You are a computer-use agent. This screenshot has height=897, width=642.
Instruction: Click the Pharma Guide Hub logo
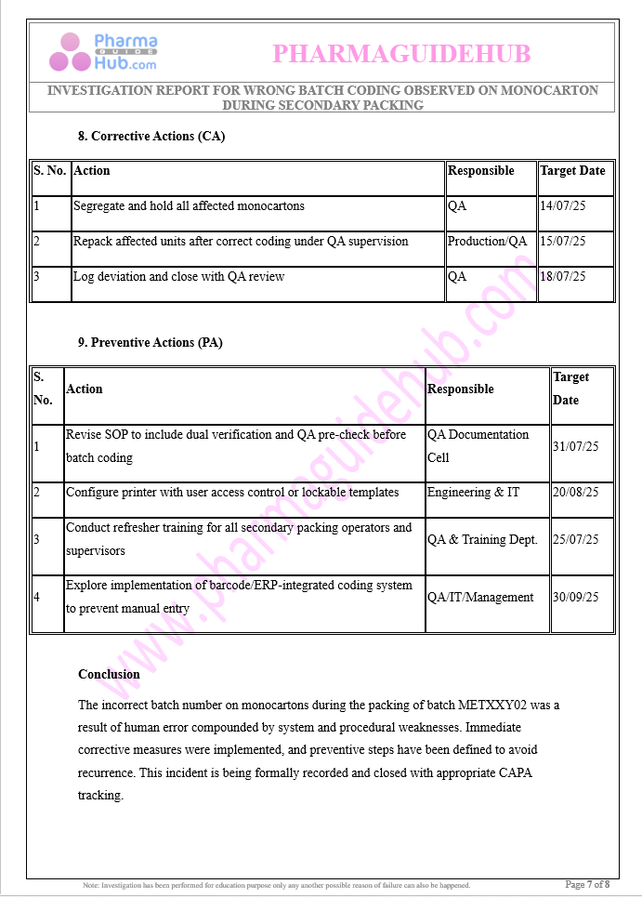click(103, 52)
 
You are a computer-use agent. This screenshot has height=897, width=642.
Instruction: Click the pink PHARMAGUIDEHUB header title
click(401, 54)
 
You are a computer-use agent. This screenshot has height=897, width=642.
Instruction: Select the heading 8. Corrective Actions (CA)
click(151, 136)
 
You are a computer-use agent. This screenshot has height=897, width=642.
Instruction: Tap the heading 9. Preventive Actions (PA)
click(150, 342)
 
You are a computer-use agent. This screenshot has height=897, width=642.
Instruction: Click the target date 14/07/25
click(562, 205)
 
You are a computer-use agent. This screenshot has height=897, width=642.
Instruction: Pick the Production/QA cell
click(487, 241)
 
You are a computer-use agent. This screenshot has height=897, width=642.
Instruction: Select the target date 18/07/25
click(562, 276)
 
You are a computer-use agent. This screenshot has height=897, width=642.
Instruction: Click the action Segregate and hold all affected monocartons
click(189, 205)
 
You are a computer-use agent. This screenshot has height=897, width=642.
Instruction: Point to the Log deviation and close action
click(178, 276)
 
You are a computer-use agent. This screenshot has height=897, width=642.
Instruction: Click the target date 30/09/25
click(575, 597)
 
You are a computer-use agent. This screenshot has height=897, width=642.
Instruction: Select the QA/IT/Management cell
click(480, 597)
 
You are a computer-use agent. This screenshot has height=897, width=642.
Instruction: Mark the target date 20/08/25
click(575, 492)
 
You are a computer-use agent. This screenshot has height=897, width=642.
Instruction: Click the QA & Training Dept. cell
click(482, 539)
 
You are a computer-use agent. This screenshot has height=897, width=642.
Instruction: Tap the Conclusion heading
click(109, 674)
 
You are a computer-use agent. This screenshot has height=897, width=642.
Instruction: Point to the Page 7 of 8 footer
click(587, 884)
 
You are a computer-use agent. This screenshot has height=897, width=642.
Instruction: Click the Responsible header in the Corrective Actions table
click(480, 170)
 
